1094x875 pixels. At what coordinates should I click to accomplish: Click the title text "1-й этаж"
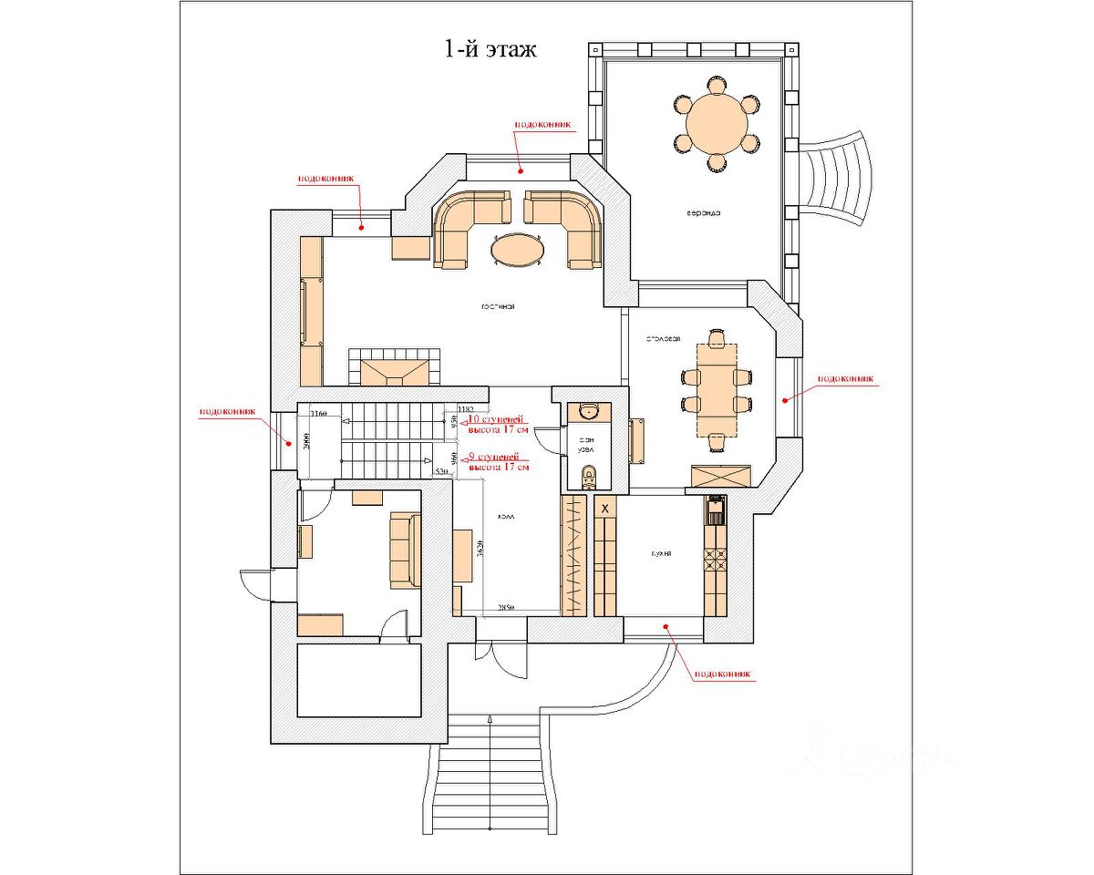point(490,49)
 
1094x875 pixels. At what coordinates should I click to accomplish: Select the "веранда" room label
point(704,213)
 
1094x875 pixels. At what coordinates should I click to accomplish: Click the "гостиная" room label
point(498,307)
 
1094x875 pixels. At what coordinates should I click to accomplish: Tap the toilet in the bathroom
point(589,474)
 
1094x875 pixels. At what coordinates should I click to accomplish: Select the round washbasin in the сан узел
point(589,413)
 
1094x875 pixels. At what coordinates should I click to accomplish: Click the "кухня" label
point(662,553)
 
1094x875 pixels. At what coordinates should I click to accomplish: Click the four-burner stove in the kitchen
point(715,559)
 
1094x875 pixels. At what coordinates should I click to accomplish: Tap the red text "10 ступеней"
point(495,419)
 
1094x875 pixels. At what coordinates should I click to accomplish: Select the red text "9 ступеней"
point(493,456)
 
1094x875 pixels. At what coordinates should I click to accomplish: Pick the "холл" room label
point(506,517)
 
